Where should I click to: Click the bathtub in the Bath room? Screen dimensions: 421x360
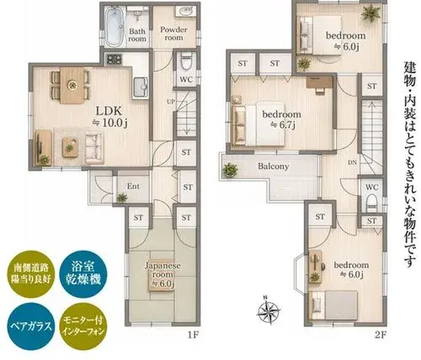[115, 27]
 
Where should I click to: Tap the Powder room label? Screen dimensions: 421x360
[173, 34]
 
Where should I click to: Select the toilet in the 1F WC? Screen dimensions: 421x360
[186, 63]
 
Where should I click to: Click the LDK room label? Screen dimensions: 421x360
[109, 116]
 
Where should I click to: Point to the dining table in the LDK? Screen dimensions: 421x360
[72, 85]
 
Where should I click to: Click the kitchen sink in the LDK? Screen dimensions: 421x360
[140, 87]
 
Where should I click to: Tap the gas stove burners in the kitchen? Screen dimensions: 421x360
[114, 59]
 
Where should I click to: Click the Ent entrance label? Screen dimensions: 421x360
[133, 186]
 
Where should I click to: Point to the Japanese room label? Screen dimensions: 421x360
[163, 274]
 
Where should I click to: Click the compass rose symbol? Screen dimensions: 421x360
[269, 310]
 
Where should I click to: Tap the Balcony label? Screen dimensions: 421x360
[273, 167]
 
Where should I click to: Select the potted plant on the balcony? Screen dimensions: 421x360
[230, 170]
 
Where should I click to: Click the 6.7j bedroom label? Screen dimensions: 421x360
[281, 119]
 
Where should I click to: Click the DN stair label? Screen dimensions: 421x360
[352, 162]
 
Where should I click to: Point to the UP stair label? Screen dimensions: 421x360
[171, 102]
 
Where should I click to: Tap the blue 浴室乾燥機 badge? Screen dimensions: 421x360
[83, 274]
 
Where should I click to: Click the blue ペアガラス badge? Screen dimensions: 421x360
[31, 326]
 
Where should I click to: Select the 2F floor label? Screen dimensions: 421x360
[381, 335]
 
